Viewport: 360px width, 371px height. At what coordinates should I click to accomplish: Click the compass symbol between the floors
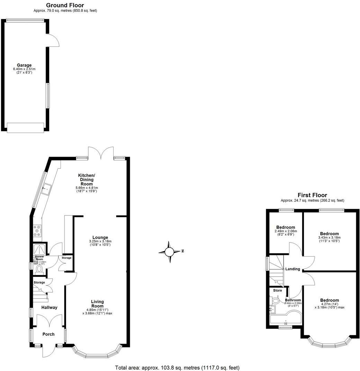170,252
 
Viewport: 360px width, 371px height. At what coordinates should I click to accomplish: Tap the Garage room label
24,65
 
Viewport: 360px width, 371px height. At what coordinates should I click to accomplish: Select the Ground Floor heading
65,5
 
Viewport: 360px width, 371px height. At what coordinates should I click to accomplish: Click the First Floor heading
312,195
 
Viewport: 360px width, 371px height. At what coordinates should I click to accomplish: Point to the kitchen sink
45,189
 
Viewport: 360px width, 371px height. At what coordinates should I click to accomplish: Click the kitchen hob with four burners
37,231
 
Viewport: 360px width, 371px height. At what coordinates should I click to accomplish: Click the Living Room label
97,304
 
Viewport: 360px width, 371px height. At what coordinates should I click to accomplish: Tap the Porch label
48,334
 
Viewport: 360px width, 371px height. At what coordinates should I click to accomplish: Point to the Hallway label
49,308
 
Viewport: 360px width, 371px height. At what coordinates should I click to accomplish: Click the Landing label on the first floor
292,269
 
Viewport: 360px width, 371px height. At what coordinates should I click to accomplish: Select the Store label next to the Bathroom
277,290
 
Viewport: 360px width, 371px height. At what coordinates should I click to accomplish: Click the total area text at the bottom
177,368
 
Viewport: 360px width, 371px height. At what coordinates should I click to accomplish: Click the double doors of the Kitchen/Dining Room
101,152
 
